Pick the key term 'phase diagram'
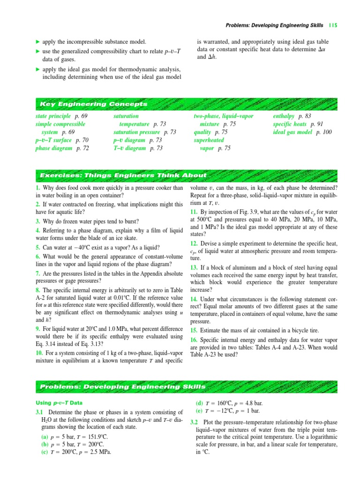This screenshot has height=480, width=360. click(x=54, y=148)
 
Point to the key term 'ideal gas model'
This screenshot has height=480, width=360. click(x=292, y=132)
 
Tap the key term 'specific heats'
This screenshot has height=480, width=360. click(x=290, y=124)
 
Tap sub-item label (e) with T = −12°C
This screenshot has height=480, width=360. click(x=200, y=411)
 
